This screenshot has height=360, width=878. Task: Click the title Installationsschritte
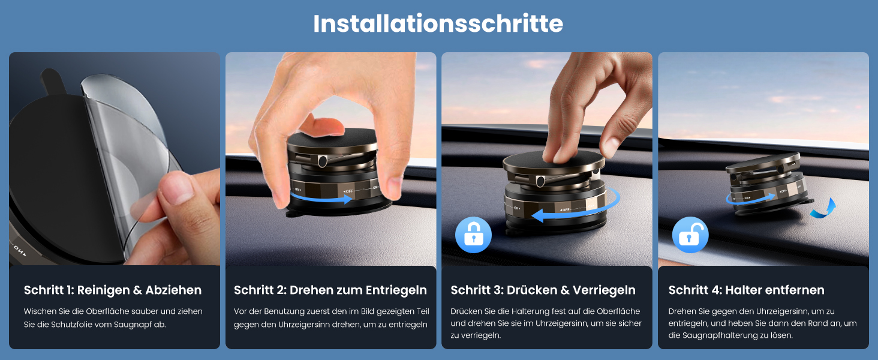click(x=438, y=24)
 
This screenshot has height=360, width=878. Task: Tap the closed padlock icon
click(x=473, y=235)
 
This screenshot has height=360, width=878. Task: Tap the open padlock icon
click(x=690, y=235)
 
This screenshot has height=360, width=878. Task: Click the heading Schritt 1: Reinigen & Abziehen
click(x=113, y=290)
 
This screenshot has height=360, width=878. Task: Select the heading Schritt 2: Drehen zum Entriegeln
click(x=330, y=290)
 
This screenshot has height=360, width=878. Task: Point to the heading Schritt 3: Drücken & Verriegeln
click(x=543, y=290)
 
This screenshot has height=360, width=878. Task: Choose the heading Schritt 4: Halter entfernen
click(x=746, y=290)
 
